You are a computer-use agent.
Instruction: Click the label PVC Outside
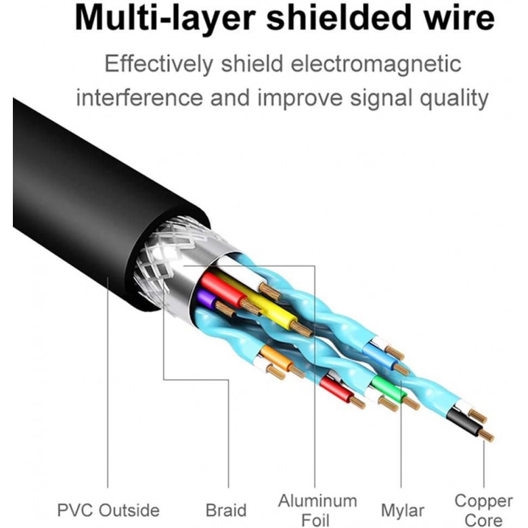(108, 510)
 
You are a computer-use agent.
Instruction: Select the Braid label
(226, 510)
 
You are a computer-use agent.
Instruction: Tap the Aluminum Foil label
(317, 510)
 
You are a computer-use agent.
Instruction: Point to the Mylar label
(402, 510)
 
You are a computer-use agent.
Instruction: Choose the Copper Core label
(483, 510)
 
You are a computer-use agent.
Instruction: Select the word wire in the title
(460, 19)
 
